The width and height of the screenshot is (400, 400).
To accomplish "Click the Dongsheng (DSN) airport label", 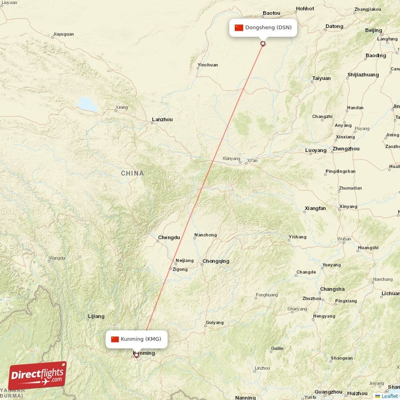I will click(268, 27).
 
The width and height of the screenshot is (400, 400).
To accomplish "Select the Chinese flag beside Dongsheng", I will click(239, 27).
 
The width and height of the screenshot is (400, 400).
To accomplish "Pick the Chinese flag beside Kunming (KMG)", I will click(115, 339).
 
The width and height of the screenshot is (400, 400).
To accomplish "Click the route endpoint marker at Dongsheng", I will click(263, 44).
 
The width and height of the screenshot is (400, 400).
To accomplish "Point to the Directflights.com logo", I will click(37, 375).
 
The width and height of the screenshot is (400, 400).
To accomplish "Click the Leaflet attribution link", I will click(389, 396).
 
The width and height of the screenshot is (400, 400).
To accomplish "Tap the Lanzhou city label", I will click(162, 120).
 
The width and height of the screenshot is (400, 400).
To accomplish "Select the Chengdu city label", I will click(168, 237).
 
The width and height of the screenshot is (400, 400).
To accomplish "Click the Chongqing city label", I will click(216, 261).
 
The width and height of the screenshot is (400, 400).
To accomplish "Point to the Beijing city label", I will click(373, 30).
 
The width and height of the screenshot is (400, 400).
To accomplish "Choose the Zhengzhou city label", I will click(346, 149).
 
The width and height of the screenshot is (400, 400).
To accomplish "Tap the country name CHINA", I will click(132, 173).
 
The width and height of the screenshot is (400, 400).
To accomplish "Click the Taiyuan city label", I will click(321, 78).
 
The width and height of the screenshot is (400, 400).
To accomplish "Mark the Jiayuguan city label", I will click(63, 34).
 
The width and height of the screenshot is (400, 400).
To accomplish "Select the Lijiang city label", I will click(96, 316).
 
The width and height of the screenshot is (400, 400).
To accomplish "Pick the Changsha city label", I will click(332, 289).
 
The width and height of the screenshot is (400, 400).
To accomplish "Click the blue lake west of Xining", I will click(87, 104).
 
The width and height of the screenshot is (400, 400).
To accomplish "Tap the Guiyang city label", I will click(215, 322).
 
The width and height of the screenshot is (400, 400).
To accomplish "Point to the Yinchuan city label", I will click(208, 65).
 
